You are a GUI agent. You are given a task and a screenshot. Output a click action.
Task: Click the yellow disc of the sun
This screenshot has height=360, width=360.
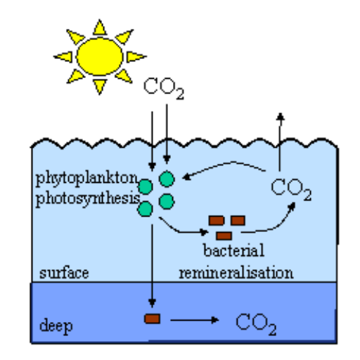(x=100, y=56)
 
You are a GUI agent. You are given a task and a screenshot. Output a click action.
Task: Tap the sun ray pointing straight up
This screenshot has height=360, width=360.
(x=100, y=27)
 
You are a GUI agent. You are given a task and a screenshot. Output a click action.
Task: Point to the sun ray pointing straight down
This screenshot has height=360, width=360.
(x=100, y=86)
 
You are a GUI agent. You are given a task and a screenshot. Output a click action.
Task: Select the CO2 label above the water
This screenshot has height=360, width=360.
(x=164, y=89)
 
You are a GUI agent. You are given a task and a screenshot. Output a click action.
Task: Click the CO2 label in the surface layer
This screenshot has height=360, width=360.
(x=291, y=189)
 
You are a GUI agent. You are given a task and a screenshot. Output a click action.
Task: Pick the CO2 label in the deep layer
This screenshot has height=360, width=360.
(x=256, y=324)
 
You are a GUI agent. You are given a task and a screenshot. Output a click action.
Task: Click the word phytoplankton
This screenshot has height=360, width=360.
(x=86, y=179)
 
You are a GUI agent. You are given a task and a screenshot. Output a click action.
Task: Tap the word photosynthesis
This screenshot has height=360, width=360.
(x=88, y=200)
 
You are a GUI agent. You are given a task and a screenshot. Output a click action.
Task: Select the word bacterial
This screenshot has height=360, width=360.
(x=234, y=250)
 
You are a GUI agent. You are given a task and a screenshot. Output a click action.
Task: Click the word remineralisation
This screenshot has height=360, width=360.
(x=236, y=273)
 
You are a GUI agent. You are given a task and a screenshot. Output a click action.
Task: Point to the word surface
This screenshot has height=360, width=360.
(x=64, y=273)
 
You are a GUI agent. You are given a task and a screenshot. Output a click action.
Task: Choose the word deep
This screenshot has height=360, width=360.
(x=56, y=326)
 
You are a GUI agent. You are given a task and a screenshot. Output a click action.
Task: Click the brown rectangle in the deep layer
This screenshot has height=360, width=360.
(x=153, y=319)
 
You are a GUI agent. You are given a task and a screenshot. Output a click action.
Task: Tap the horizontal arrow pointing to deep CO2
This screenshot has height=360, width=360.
(x=195, y=320)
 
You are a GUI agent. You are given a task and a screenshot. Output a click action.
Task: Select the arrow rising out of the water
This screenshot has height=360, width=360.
(x=280, y=142)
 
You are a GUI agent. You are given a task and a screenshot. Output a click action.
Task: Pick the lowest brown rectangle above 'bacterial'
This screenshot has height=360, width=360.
(x=224, y=236)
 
